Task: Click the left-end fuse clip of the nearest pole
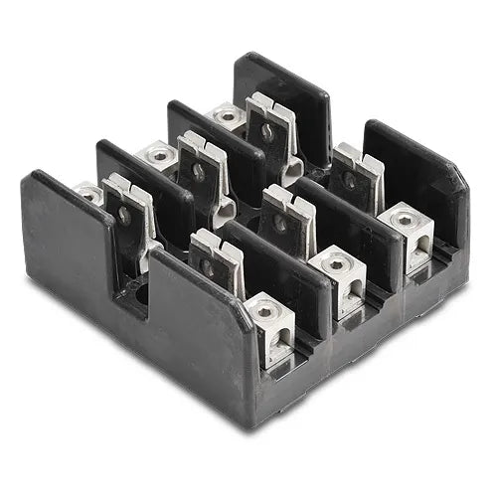click(126, 214)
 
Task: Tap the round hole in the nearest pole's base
click(140, 293)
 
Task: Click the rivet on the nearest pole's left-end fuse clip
click(124, 213)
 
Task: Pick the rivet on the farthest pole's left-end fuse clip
click(266, 128)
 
